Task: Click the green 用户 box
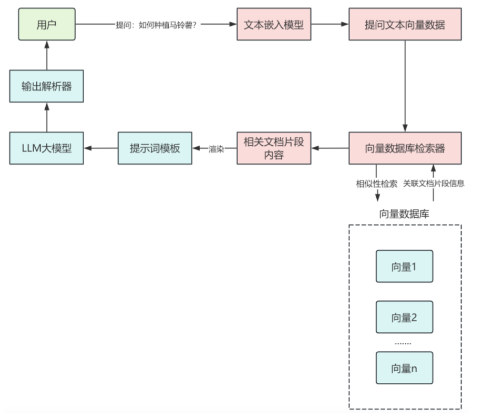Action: coord(47,24)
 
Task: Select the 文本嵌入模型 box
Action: coord(274,24)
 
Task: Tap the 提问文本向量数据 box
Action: coord(405,24)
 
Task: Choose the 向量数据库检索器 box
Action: coord(405,148)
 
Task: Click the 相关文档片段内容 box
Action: coord(274,148)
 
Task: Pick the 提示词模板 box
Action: coord(155,148)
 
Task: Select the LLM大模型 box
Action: coord(46,148)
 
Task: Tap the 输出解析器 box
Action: coord(46,86)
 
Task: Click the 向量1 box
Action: coord(405,266)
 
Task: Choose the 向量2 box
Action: coord(405,317)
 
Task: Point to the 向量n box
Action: coord(405,368)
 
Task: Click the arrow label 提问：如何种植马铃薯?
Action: coord(156,25)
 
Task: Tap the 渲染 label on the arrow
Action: coord(216,149)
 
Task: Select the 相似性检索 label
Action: coord(376,184)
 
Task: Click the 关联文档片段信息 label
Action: coord(434,183)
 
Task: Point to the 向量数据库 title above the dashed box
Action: coord(404,214)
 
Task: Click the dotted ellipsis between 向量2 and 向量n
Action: coord(403,343)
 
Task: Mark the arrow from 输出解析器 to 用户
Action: coord(47,55)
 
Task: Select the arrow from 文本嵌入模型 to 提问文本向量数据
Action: coord(330,24)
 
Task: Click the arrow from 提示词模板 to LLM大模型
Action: coord(101,148)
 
